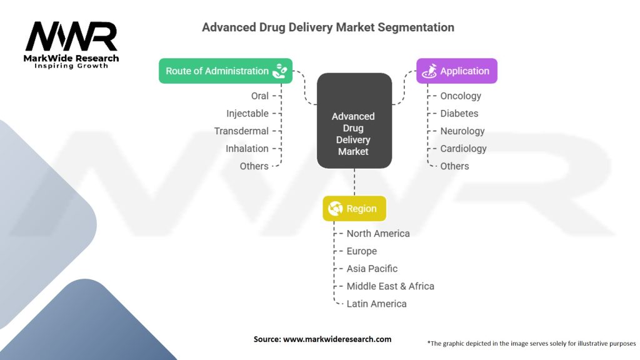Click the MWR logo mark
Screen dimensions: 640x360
(71, 36)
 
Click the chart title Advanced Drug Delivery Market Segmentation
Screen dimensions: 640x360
(328, 27)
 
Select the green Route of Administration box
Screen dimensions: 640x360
(226, 71)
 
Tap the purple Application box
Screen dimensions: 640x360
(457, 71)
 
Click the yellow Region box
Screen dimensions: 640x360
(354, 209)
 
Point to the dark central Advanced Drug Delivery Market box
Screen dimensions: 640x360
(354, 121)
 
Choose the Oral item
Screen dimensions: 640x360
(259, 96)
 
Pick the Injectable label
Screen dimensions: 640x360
(247, 114)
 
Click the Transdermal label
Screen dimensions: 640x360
(241, 131)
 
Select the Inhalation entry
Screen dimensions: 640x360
(247, 149)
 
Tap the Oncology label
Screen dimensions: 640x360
(461, 96)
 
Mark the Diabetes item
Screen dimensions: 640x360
(459, 114)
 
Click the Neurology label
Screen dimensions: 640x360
(462, 131)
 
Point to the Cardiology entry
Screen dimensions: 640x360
(463, 149)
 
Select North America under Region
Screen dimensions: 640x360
(378, 234)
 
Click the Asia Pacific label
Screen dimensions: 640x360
(372, 269)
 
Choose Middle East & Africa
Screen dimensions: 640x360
(390, 286)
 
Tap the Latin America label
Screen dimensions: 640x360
(376, 304)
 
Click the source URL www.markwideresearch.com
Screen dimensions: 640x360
(337, 339)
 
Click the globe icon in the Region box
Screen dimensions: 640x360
(336, 209)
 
